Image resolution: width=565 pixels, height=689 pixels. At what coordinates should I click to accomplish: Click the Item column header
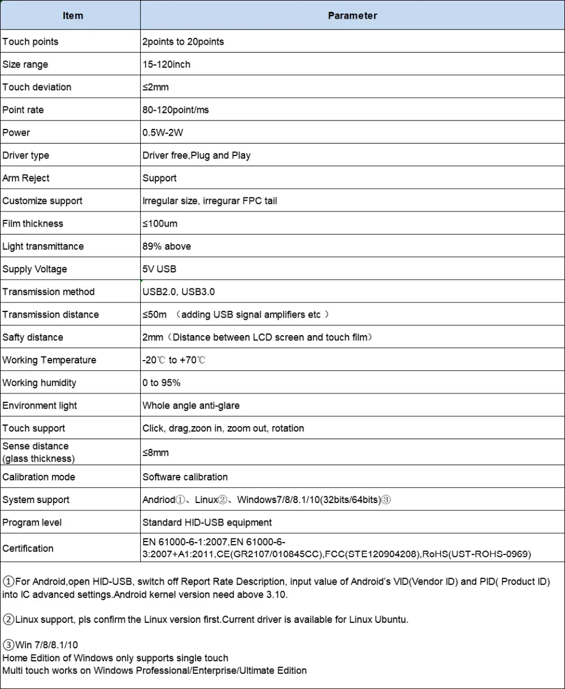[73, 16]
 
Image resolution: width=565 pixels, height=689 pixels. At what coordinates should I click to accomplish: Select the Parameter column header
[352, 16]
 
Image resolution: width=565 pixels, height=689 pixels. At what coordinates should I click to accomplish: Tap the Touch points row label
[31, 42]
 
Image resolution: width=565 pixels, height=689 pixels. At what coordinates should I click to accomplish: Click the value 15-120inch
[166, 64]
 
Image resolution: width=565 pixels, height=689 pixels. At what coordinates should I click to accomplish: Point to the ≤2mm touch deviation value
[155, 87]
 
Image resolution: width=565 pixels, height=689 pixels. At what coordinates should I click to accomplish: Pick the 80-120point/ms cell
[175, 110]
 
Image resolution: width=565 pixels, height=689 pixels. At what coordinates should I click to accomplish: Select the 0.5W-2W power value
[163, 133]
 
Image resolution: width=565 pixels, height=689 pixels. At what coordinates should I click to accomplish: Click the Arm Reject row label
[26, 178]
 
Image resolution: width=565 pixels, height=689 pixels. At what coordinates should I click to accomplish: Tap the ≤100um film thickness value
[160, 224]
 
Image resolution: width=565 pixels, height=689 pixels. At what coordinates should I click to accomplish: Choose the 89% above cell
[167, 246]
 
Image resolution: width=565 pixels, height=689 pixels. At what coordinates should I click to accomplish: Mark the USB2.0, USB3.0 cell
[179, 292]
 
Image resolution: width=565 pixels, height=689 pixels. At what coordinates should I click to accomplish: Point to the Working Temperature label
[49, 360]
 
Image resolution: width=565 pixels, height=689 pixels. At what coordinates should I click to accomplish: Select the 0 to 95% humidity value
[162, 383]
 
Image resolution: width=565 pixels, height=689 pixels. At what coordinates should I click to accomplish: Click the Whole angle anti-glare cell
[191, 405]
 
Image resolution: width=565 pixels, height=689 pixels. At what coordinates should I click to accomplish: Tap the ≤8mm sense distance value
[155, 452]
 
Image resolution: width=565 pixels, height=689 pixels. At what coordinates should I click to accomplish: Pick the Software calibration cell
[185, 477]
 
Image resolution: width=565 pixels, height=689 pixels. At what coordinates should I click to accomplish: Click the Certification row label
[28, 548]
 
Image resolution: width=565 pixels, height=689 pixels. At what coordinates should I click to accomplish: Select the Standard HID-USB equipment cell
[207, 522]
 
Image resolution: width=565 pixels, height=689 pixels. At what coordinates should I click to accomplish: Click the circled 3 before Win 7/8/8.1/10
[8, 645]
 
